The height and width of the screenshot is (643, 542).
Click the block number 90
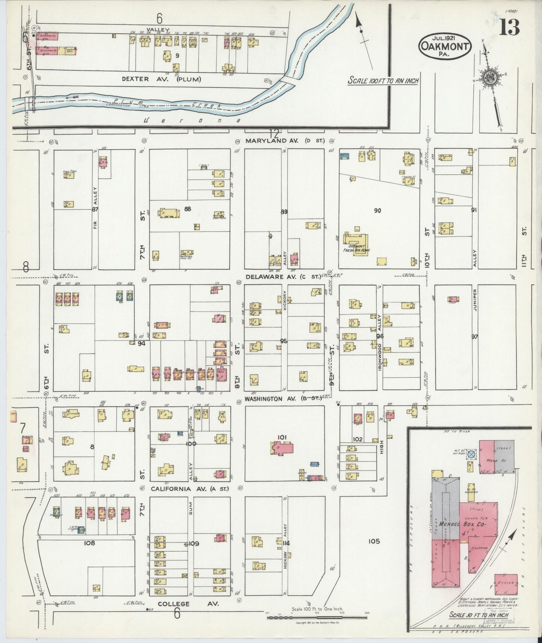click(377, 211)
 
